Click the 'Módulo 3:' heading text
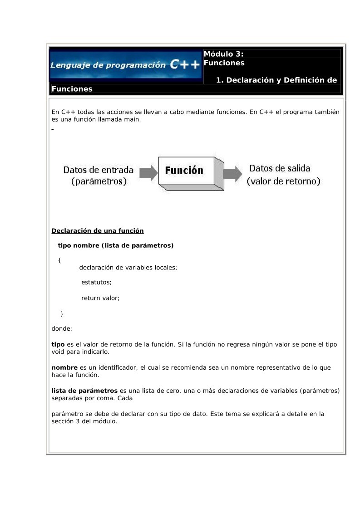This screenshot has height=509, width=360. pos(224,54)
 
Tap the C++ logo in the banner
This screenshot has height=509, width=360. pos(185,65)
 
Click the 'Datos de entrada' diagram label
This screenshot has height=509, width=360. pos(98,170)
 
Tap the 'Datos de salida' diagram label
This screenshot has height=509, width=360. pos(280,168)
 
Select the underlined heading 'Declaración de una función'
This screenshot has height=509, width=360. pos(98,231)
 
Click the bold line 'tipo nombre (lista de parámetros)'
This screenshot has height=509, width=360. pos(116,245)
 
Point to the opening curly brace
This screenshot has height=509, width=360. pos(59,260)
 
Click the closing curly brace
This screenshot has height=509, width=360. pos(62,313)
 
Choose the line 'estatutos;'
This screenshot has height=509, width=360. pos(96,282)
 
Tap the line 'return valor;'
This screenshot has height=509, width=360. pos(100,298)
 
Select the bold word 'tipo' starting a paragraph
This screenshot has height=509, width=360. pos(58,344)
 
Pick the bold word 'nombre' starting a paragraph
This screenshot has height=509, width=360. pos(64,367)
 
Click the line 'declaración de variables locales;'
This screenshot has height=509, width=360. pos(128,268)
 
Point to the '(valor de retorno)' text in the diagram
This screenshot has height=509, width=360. pos(284,181)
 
